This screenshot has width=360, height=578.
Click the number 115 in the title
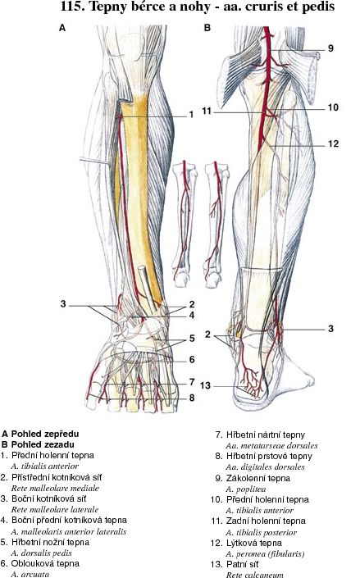pyautogui.click(x=72, y=7)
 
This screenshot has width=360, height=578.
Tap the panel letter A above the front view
pyautogui.click(x=62, y=28)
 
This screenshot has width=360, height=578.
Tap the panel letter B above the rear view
pyautogui.click(x=207, y=28)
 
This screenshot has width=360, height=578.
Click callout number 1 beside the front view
pyautogui.click(x=191, y=115)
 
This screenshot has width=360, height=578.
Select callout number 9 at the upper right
pyautogui.click(x=330, y=48)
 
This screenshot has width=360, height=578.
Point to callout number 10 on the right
pyautogui.click(x=333, y=107)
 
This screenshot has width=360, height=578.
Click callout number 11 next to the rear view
pyautogui.click(x=207, y=111)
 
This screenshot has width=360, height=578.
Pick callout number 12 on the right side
pyautogui.click(x=333, y=143)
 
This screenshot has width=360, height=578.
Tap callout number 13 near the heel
pyautogui.click(x=205, y=385)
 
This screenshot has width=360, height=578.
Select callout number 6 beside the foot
pyautogui.click(x=192, y=359)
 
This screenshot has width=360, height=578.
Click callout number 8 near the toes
pyautogui.click(x=192, y=398)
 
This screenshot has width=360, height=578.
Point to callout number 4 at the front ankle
pyautogui.click(x=192, y=316)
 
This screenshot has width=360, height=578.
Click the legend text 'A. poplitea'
pyautogui.click(x=246, y=489)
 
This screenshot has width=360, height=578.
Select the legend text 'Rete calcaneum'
pyautogui.click(x=254, y=575)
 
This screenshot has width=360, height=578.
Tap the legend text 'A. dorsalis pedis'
pyautogui.click(x=41, y=553)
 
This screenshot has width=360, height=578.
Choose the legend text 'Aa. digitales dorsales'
pyautogui.click(x=265, y=467)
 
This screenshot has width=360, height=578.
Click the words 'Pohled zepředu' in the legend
pyautogui.click(x=45, y=435)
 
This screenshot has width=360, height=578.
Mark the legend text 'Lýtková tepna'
pyautogui.click(x=253, y=543)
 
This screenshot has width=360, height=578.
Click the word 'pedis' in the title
pyautogui.click(x=318, y=7)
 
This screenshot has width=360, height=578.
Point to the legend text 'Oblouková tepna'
pyautogui.click(x=45, y=563)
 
